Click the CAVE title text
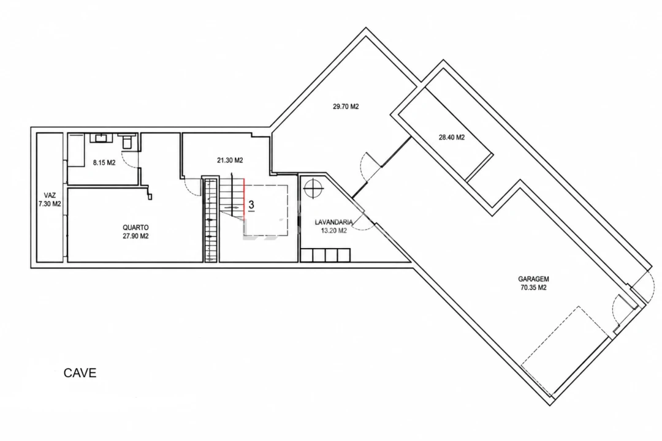[80, 372]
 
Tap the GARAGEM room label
[533, 279]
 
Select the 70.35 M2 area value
[533, 288]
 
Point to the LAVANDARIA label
[334, 222]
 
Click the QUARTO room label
[135, 227]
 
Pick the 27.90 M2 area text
[135, 236]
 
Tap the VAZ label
[50, 195]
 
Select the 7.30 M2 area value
[50, 204]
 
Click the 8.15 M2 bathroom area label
[104, 162]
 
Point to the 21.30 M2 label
[230, 160]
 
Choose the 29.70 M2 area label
[346, 107]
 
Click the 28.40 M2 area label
[452, 137]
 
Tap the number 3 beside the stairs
[252, 205]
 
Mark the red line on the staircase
[245, 198]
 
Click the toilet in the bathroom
[127, 141]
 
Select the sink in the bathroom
[102, 138]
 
